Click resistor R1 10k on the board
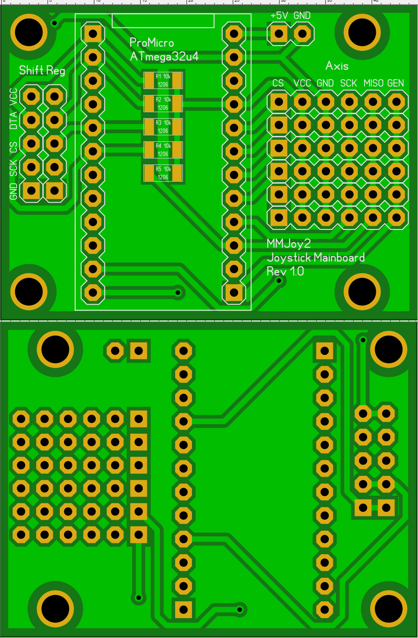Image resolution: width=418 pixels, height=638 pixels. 163,80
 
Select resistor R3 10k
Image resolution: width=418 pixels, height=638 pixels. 163,127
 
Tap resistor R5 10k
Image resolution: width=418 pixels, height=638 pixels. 163,173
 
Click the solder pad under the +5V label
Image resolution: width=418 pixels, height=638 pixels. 279,34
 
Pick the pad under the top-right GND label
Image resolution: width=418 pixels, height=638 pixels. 302,34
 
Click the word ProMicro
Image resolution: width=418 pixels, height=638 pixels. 152,43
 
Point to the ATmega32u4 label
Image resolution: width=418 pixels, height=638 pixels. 164,57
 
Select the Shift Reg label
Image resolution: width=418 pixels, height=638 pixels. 42,70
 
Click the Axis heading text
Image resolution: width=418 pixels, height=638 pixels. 337,66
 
